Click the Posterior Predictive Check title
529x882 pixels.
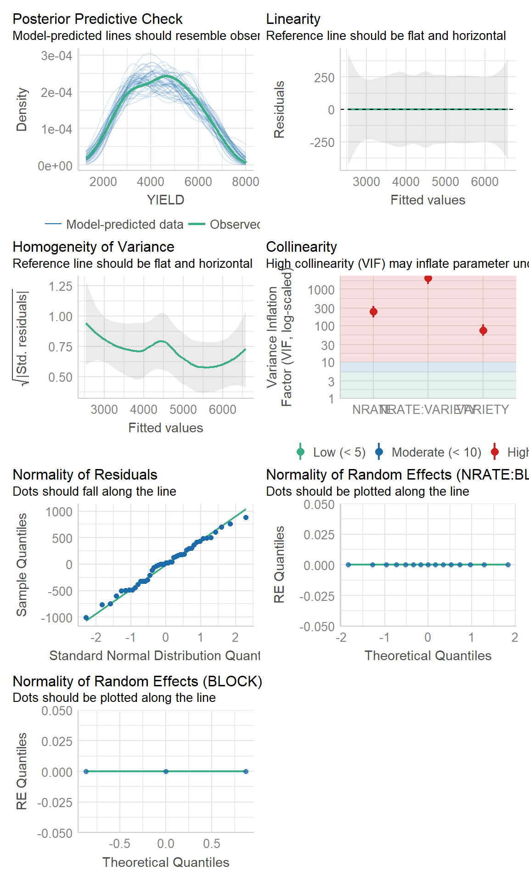pyautogui.click(x=97, y=19)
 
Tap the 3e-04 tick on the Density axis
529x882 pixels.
pyautogui.click(x=56, y=56)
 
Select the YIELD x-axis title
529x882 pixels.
pyautogui.click(x=165, y=200)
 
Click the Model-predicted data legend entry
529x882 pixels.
pyautogui.click(x=114, y=224)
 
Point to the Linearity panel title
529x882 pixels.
pyautogui.click(x=293, y=19)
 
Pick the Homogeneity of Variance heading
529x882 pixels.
pyautogui.click(x=93, y=247)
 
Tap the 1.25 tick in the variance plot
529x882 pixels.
pyautogui.click(x=61, y=286)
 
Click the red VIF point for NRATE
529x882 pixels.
pyautogui.click(x=373, y=312)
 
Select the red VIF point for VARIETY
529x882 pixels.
pyautogui.click(x=483, y=330)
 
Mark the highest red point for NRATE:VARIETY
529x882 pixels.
pyautogui.click(x=428, y=278)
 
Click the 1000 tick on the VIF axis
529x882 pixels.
pyautogui.click(x=321, y=290)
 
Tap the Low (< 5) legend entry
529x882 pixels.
pyautogui.click(x=331, y=452)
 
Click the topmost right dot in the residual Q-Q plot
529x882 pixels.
pyautogui.click(x=246, y=517)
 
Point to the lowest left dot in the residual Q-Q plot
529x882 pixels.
pyautogui.click(x=86, y=618)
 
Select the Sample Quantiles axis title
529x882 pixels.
pyautogui.click(x=22, y=565)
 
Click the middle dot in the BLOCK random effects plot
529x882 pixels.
pyautogui.click(x=166, y=771)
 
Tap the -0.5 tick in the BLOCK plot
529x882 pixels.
pyautogui.click(x=119, y=843)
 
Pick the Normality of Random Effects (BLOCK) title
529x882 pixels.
pyautogui.click(x=137, y=681)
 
